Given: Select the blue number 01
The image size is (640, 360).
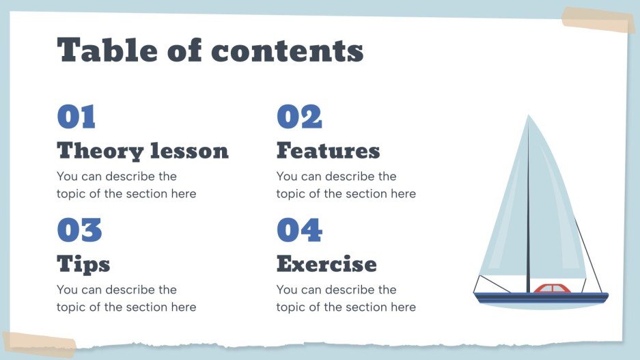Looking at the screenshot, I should pos(76,117).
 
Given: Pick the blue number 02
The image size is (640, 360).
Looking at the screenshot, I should pos(298,117).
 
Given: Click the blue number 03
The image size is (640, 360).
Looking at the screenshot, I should pos(79,230).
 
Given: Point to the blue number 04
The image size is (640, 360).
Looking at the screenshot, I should pos(299,230).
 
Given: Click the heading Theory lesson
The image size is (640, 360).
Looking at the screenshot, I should pos(142,150).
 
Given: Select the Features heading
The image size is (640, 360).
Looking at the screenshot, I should pos(328,150).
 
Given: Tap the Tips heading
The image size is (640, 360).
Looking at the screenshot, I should pos(83,264).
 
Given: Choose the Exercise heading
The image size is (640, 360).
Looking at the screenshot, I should pos(326,264).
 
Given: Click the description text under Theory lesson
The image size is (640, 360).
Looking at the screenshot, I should pos(126,185).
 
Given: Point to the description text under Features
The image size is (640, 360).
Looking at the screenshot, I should pos(346,185).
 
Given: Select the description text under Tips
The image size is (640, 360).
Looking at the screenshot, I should pos(126,299).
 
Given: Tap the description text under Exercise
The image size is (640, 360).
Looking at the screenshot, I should pos(346,299).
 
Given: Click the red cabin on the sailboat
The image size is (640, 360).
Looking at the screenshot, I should pos(552,289).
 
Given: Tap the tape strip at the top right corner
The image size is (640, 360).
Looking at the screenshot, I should pos(598,20).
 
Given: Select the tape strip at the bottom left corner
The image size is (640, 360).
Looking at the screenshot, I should pos(38,344).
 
